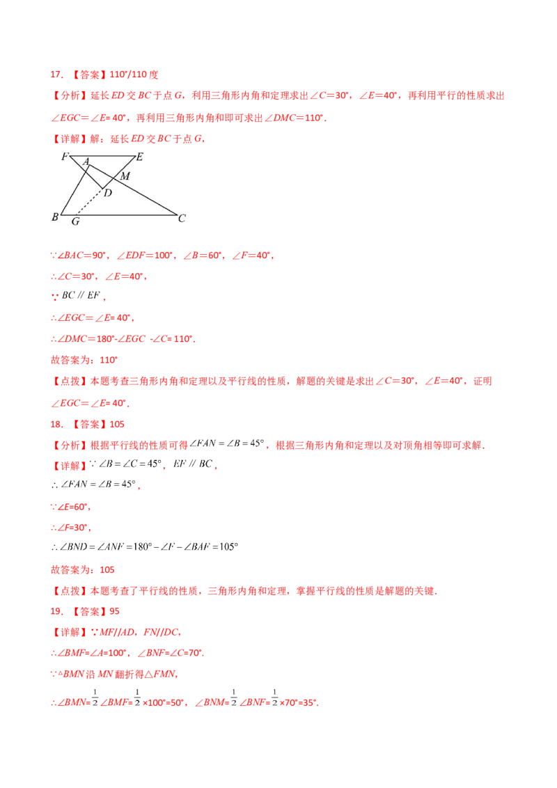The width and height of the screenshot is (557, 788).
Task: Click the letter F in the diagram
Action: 63,156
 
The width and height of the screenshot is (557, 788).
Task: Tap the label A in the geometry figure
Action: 86,162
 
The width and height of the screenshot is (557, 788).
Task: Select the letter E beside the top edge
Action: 139,157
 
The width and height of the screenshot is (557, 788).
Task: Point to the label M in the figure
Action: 125,176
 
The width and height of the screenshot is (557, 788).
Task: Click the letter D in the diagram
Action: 107,192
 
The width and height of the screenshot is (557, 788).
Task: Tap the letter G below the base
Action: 74,222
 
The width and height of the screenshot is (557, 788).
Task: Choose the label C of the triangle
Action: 182,219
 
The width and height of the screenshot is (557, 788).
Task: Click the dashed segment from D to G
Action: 89,202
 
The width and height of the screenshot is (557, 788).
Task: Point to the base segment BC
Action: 118,214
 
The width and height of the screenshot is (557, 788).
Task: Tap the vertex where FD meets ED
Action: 104,187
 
